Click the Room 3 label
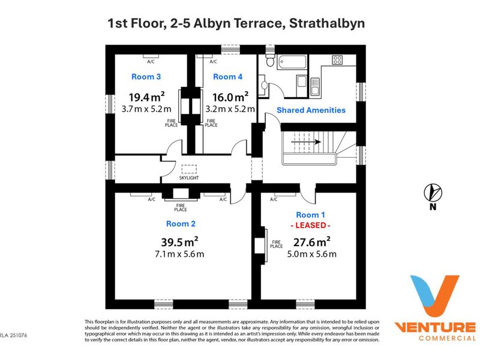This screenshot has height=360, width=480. pyautogui.click(x=146, y=77)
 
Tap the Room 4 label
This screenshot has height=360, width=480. pyautogui.click(x=228, y=77)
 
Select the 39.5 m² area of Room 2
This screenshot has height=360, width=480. pyautogui.click(x=179, y=242)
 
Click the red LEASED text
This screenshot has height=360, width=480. pyautogui.click(x=310, y=226)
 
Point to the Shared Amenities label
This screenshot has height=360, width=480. pyautogui.click(x=311, y=110)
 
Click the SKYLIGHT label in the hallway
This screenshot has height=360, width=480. pyautogui.click(x=189, y=178)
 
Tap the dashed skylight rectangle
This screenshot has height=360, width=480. pyautogui.click(x=189, y=169)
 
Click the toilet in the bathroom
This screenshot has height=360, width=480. pyautogui.click(x=269, y=60)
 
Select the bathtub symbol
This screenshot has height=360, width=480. pyautogui.click(x=292, y=62)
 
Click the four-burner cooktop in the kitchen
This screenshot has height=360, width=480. pyautogui.click(x=337, y=60)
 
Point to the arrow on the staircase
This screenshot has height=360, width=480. pyautogui.click(x=306, y=142)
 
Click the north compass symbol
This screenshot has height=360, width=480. pyautogui.click(x=433, y=193)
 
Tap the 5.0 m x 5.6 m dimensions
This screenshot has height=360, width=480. pyautogui.click(x=311, y=254)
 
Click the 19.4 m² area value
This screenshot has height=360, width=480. pyautogui.click(x=146, y=97)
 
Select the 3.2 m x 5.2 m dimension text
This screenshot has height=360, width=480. pyautogui.click(x=230, y=109)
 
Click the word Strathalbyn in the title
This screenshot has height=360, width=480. pyautogui.click(x=327, y=23)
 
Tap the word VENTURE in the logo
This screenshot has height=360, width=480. pyautogui.click(x=434, y=328)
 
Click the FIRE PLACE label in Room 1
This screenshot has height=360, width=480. pyautogui.click(x=277, y=244)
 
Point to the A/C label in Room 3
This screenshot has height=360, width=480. pyautogui.click(x=151, y=62)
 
